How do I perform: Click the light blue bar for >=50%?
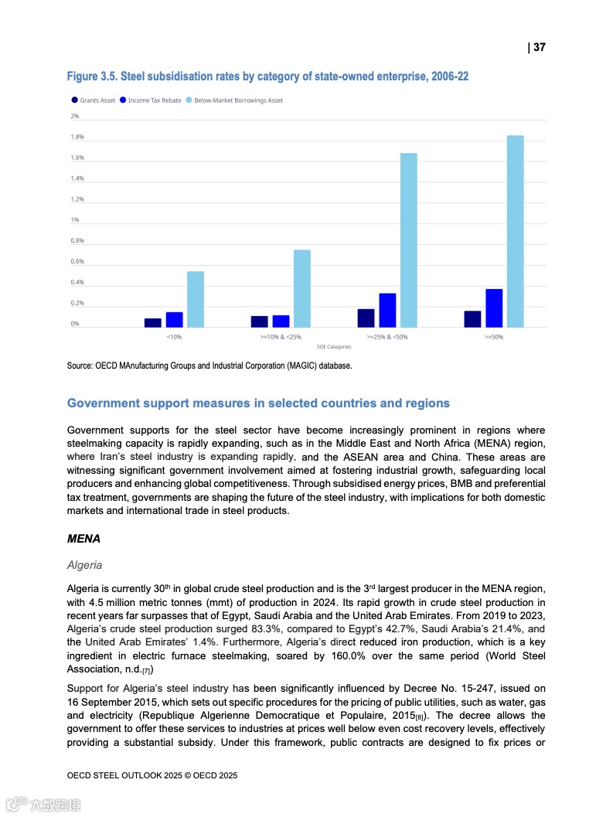point(515,231)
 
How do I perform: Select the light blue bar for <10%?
point(196,299)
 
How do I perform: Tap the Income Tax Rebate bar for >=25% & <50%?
point(387,310)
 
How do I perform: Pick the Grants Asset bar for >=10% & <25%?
point(260,322)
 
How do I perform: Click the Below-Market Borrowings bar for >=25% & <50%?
point(408,240)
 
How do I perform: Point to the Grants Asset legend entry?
point(94,100)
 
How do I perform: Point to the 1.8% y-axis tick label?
point(77,138)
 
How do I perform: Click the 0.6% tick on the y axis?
point(77,262)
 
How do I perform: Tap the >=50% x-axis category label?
point(493,338)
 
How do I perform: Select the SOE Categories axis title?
point(334,347)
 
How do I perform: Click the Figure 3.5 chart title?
point(267,77)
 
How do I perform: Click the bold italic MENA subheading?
point(83,540)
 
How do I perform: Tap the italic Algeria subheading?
point(85,566)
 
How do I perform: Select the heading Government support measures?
point(258,403)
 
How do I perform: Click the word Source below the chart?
point(80,366)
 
